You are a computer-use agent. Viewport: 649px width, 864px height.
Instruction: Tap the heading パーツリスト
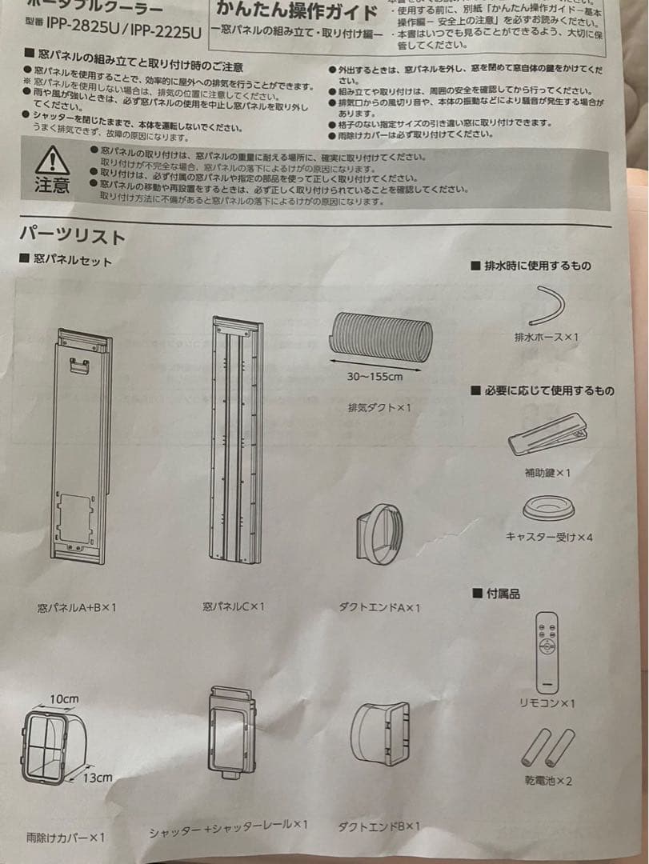(x=73, y=236)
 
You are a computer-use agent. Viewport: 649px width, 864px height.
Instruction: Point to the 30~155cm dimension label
(x=375, y=377)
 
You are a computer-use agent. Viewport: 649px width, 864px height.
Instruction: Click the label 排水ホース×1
(x=547, y=338)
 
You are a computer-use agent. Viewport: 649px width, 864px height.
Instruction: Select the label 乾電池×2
(x=547, y=780)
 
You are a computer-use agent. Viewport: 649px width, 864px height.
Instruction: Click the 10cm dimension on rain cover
(x=63, y=698)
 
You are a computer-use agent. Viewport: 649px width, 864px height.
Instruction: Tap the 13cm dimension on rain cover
(x=97, y=777)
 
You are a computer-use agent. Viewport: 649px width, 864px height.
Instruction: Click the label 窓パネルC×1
(x=234, y=606)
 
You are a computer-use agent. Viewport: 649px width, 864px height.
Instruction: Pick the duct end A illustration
(x=378, y=533)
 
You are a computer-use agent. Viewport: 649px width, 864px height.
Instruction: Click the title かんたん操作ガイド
(x=297, y=11)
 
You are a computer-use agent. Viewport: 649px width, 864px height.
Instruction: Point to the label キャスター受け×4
(x=549, y=536)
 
